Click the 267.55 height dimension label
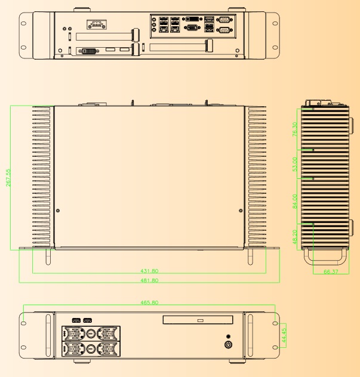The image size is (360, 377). [x=8, y=178]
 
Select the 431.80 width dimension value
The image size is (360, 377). [x=149, y=271]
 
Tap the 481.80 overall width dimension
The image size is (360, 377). [x=149, y=280]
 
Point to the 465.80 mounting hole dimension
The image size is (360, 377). [x=149, y=302]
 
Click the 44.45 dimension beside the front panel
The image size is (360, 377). [x=284, y=335]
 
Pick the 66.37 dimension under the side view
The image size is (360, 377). [x=331, y=271]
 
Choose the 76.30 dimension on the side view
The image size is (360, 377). [x=295, y=129]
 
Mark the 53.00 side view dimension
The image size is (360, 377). [x=295, y=164]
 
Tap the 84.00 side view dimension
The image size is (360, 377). [x=295, y=201]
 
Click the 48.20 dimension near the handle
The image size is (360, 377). [x=295, y=237]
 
